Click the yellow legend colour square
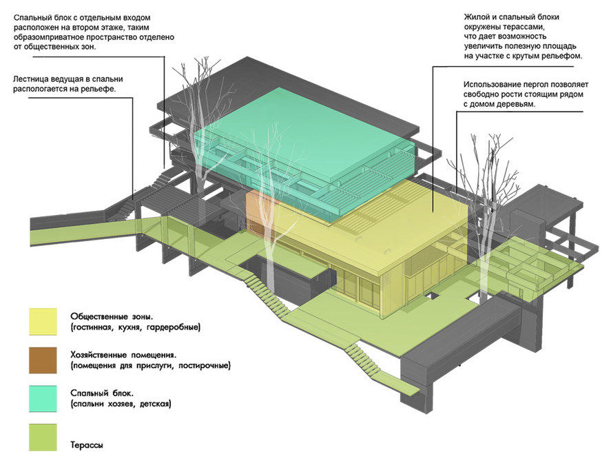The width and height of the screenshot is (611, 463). (x=43, y=322)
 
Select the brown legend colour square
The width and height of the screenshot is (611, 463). (x=43, y=360)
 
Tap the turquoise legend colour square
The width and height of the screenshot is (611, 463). (x=43, y=399)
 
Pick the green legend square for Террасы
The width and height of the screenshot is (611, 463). (x=43, y=438)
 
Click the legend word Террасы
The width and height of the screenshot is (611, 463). (x=87, y=444)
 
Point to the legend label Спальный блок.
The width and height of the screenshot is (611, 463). (x=102, y=393)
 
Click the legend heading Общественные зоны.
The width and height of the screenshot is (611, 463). (x=112, y=316)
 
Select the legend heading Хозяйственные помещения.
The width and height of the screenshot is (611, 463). (x=123, y=355)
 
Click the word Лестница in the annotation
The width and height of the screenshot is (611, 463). (x=30, y=79)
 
